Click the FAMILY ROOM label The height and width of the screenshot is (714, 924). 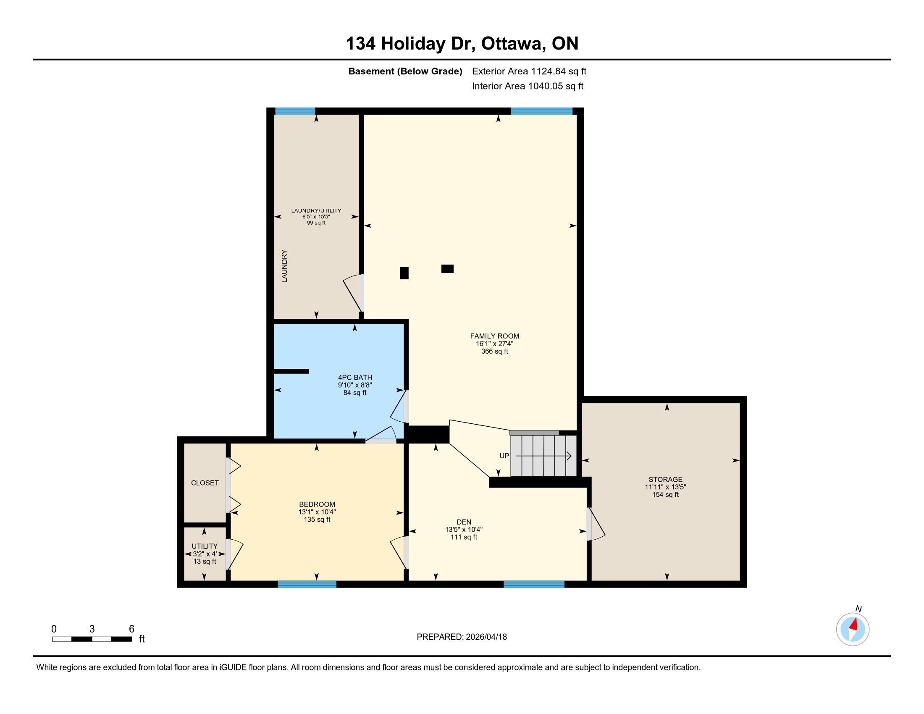click(x=495, y=336)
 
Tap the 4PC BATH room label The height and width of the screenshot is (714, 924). click(x=355, y=377)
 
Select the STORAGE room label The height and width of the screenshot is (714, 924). click(x=666, y=479)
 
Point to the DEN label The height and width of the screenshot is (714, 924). click(x=464, y=522)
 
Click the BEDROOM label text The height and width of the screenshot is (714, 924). click(x=317, y=504)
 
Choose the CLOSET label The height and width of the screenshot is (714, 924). click(x=205, y=483)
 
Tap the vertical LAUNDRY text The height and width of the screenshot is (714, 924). click(x=284, y=266)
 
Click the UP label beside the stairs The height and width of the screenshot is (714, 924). click(x=504, y=456)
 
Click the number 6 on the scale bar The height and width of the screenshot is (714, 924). click(x=131, y=629)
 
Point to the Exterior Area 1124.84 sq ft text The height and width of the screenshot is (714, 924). click(x=529, y=71)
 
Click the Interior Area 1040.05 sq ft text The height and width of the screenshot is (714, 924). click(x=528, y=86)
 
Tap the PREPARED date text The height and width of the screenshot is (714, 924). click(x=462, y=637)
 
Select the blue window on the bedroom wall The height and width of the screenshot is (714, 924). click(x=307, y=584)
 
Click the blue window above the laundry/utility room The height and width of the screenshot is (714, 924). click(x=295, y=111)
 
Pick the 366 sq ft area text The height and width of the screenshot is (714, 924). click(x=495, y=351)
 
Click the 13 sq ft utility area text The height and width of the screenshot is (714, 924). click(x=205, y=561)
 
